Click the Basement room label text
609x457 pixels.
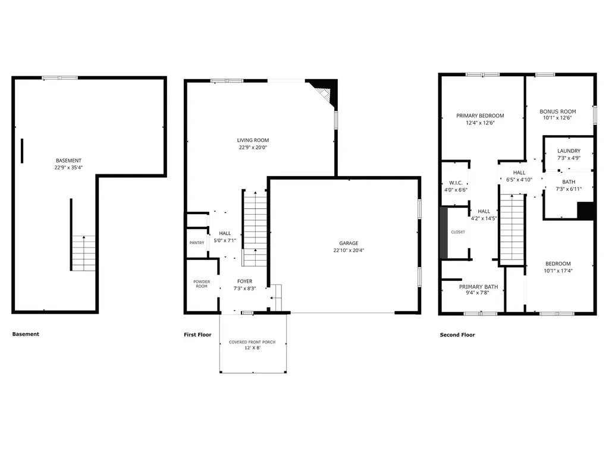(68, 161)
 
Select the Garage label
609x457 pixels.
(349, 243)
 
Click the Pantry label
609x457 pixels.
(197, 243)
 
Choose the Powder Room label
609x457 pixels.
(202, 284)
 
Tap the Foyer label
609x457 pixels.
(245, 281)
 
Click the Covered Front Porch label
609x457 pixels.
(253, 342)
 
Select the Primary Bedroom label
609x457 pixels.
(480, 115)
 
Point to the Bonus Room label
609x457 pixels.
(558, 111)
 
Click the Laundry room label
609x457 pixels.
(569, 151)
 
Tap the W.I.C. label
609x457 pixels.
(456, 182)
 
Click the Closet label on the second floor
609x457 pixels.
(458, 232)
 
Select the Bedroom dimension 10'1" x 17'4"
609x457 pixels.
(558, 271)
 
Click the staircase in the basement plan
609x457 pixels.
(84, 253)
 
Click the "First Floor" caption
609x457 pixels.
(197, 335)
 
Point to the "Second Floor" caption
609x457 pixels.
(457, 335)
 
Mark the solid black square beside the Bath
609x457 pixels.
(586, 211)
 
